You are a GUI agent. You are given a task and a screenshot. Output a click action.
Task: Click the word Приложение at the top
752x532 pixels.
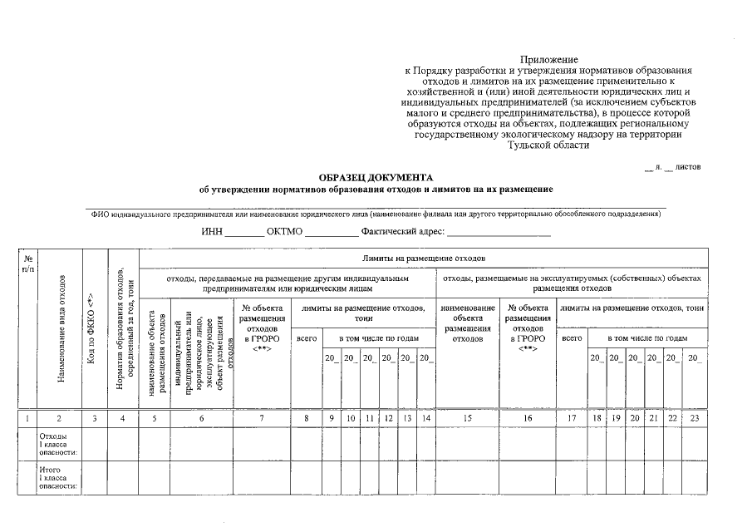548,60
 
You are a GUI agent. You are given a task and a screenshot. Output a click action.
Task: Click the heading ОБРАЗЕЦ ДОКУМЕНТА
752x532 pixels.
376,178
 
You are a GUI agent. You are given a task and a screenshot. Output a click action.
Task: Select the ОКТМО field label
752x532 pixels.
285,231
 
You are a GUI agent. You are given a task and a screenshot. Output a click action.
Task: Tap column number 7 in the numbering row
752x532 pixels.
262,418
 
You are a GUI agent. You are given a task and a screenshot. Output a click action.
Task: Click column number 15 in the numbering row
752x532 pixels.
467,418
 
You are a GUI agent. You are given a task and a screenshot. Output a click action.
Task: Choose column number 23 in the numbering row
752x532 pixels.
694,418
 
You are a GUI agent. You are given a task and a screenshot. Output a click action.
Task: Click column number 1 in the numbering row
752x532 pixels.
28,418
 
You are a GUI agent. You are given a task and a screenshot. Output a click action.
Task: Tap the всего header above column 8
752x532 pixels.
307,338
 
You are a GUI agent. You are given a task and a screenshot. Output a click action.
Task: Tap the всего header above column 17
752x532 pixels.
572,338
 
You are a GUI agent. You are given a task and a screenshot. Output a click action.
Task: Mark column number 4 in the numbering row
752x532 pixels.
122,418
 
